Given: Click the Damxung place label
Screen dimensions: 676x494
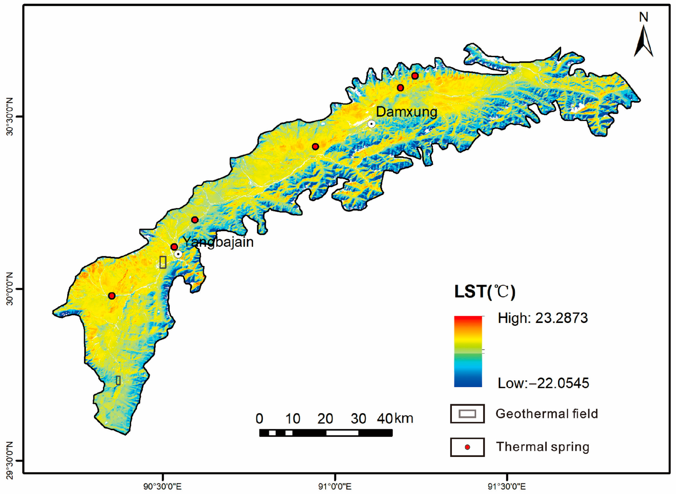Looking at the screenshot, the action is tap(406, 112).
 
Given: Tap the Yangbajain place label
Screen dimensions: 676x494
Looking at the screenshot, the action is tap(218, 242).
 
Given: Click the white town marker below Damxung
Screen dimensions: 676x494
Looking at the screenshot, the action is tap(371, 124).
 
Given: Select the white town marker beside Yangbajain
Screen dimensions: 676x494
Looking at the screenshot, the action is tap(178, 254).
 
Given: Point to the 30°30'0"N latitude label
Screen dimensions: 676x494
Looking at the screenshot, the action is tap(10, 117).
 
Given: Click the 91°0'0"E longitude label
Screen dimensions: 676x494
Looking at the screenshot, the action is tap(335, 486).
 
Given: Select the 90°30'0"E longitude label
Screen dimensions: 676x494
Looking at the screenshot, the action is tap(162, 486).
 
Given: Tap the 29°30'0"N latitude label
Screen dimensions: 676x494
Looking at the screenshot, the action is tap(10, 460).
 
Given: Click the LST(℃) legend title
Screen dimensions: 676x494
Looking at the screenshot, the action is tap(484, 292).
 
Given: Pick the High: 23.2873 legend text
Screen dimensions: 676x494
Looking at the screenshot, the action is tap(543, 318).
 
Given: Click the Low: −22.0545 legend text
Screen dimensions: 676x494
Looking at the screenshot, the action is tap(543, 383).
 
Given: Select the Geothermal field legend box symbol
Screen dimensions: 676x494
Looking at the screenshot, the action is tap(467, 414).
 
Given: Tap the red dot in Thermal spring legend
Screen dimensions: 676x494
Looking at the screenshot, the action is tap(467, 447).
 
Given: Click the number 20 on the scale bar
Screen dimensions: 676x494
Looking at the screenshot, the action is tap(325, 419).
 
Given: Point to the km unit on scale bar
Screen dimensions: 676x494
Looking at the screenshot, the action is tap(404, 418).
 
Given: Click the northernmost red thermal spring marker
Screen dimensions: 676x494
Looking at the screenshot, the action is tap(415, 76).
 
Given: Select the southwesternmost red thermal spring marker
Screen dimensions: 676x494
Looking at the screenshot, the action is tap(112, 296).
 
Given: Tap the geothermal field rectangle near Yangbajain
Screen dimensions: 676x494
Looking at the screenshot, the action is tap(163, 262).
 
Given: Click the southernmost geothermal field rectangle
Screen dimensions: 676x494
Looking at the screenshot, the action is tap(118, 380).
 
